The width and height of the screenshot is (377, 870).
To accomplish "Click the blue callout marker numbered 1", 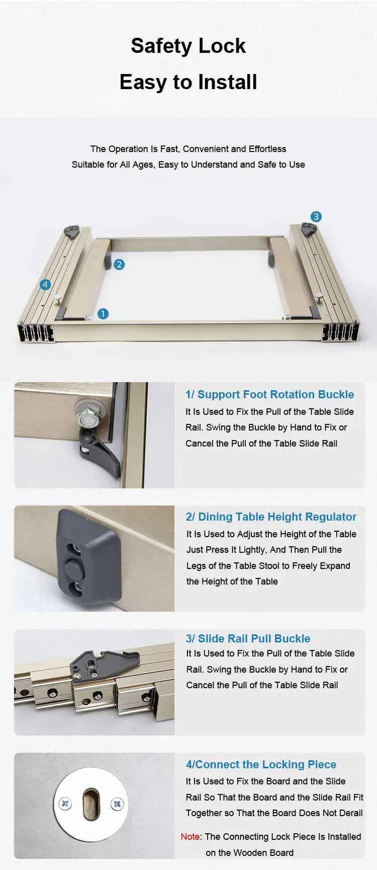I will pos(103,314).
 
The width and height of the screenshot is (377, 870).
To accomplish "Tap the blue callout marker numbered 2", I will pos(119,264).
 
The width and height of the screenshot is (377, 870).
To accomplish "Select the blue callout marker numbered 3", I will pos(316,216).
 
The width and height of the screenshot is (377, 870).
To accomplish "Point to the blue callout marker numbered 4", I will pos(45,284).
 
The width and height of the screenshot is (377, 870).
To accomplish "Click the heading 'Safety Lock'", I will pos(188,46).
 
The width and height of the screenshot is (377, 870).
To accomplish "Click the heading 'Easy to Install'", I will pos(188,82).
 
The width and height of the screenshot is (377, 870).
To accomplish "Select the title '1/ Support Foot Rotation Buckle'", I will pos(269,394).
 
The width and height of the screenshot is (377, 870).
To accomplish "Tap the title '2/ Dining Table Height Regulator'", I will pos(271,517).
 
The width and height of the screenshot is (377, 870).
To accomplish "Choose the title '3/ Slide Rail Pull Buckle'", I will pos(248,638).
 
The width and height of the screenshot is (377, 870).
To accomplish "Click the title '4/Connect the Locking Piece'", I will pos(261,764).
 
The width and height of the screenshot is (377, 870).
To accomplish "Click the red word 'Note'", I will pos(190,836).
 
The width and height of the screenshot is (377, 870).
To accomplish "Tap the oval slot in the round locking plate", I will pos(91,804).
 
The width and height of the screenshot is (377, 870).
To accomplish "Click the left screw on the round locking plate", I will pos(65,804).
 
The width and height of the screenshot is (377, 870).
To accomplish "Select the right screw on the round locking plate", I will pos(117,804).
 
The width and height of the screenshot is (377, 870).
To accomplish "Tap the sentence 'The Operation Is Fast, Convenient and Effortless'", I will pos(188,149).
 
